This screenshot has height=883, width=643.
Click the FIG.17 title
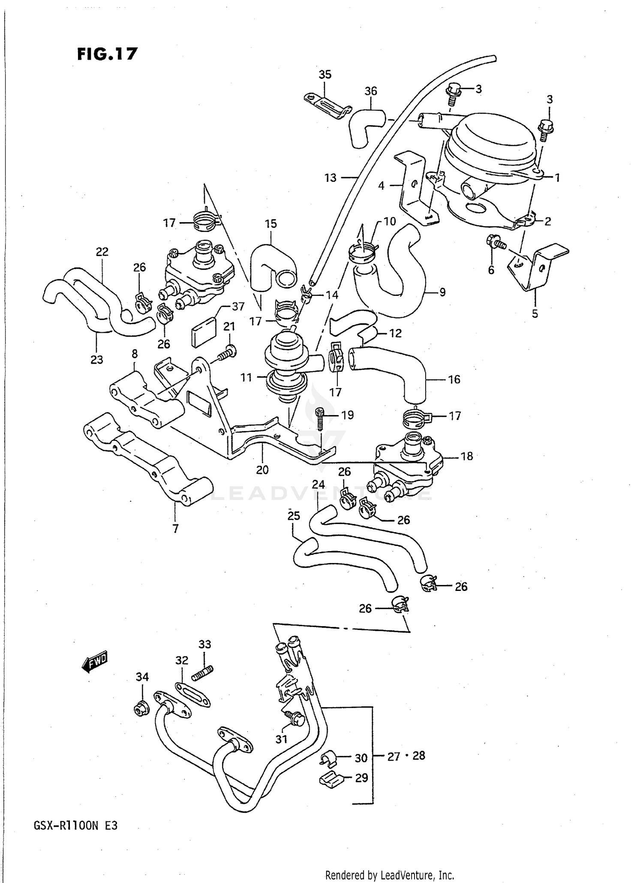click(x=107, y=54)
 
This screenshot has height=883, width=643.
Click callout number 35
click(x=325, y=75)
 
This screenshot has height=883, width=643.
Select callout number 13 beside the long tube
click(x=331, y=178)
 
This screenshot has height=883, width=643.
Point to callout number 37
click(x=238, y=306)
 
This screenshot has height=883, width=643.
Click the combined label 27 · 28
click(x=406, y=756)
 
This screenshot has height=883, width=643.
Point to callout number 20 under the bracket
click(x=262, y=470)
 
